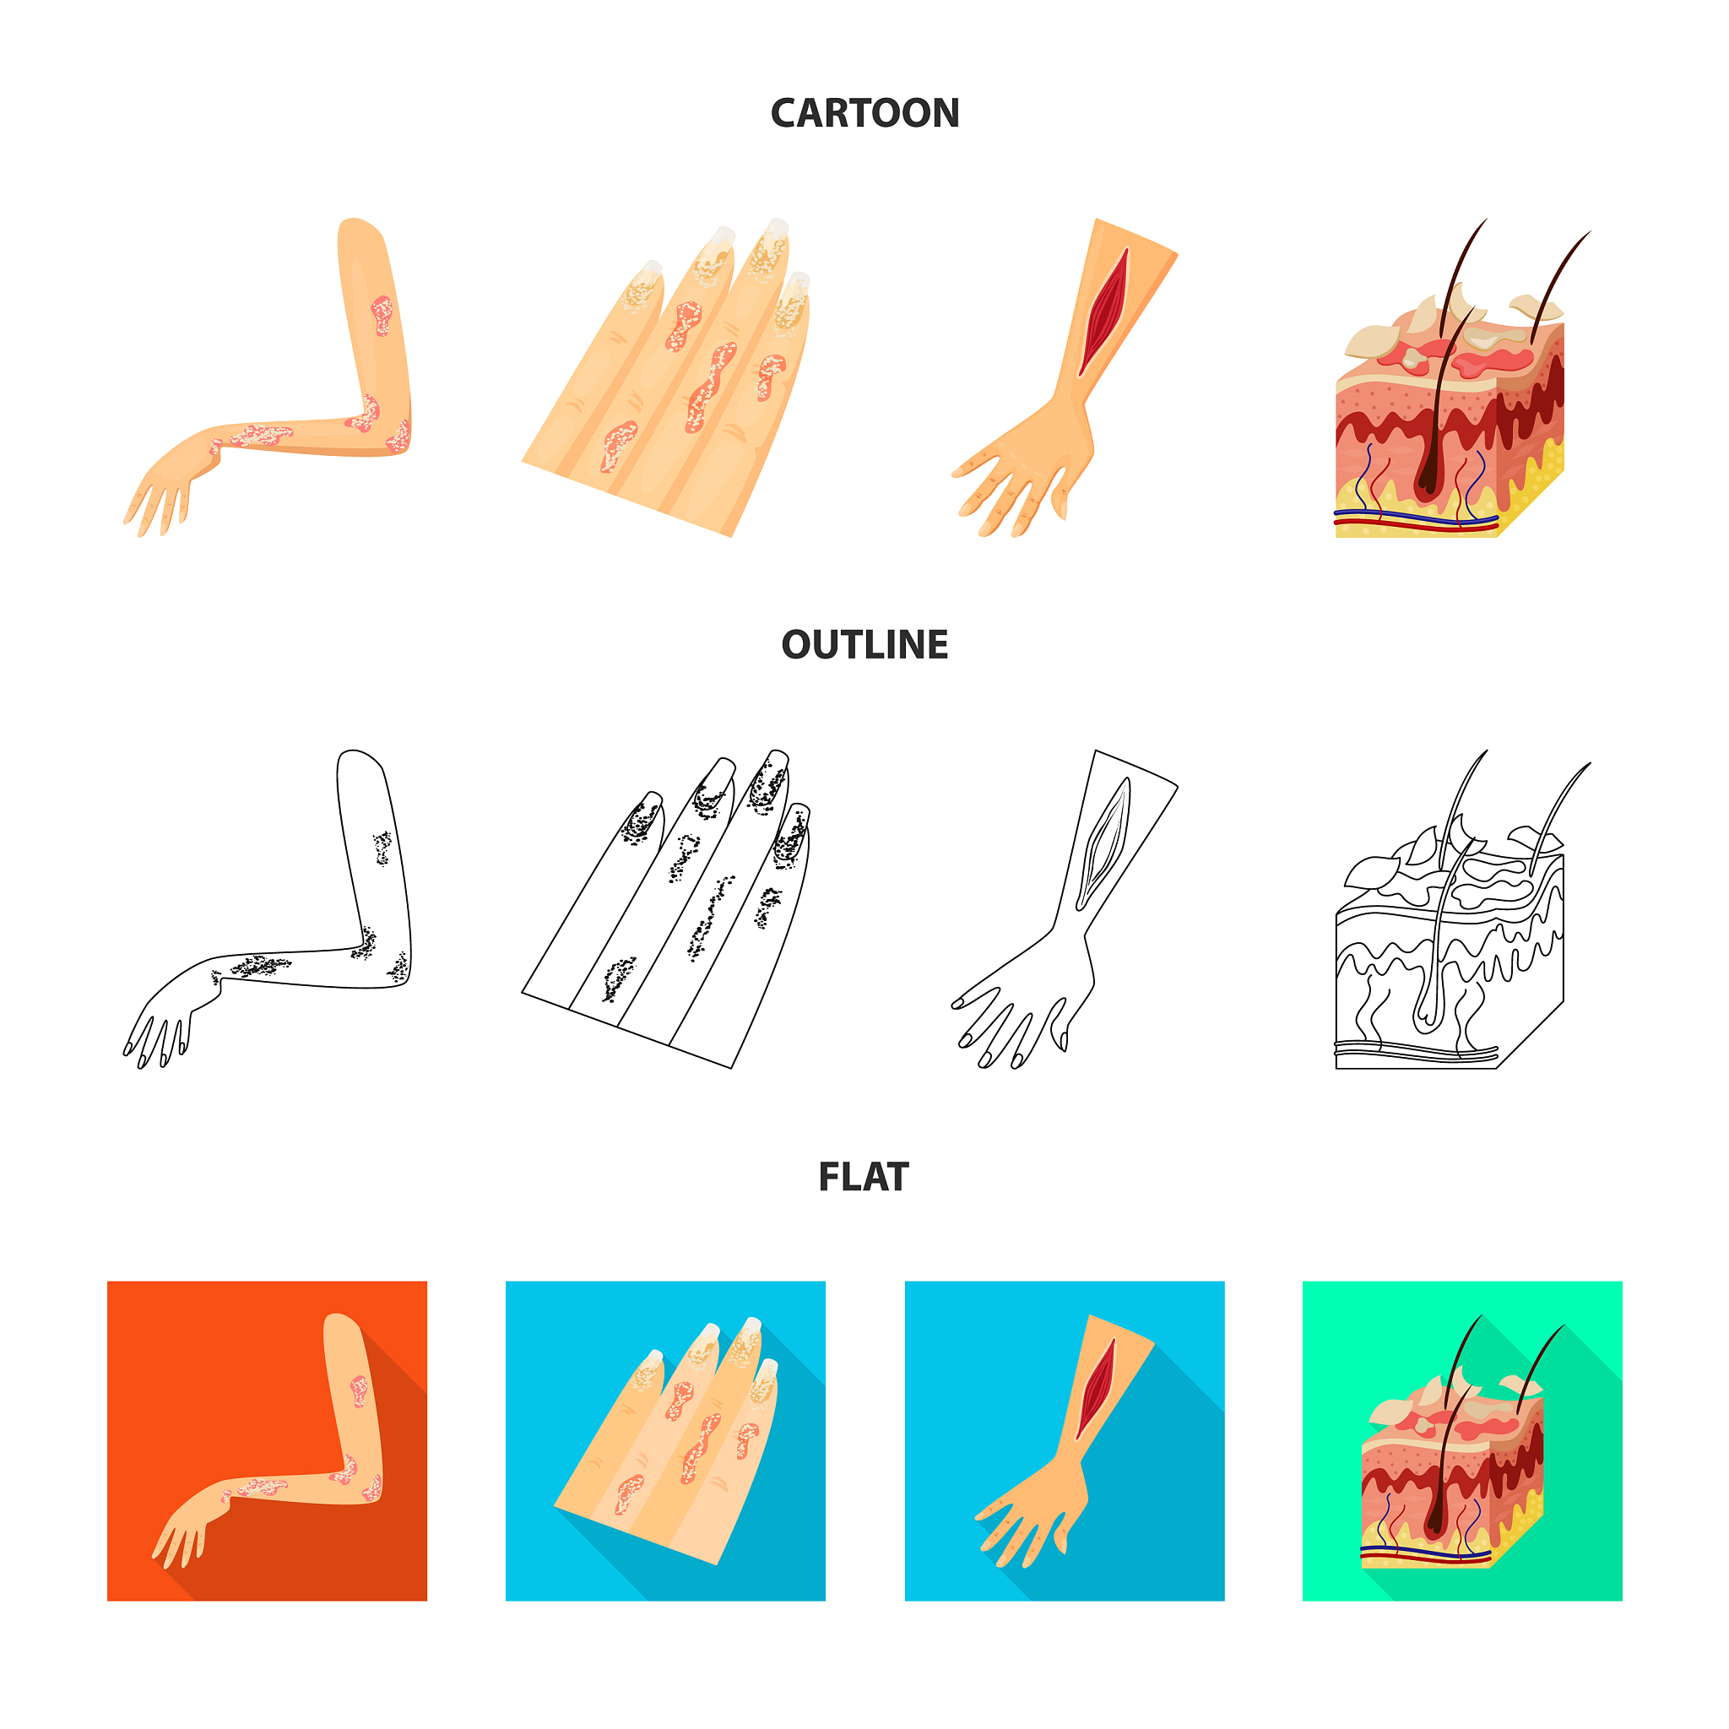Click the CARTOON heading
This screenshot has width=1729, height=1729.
tap(864, 114)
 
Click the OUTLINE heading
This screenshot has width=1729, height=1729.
tap(864, 645)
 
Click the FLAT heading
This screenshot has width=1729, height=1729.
tap(864, 1177)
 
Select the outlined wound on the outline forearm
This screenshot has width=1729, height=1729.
tap(1103, 844)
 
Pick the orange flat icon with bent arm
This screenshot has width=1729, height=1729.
tap(267, 1441)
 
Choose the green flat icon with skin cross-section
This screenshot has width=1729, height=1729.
tap(1462, 1441)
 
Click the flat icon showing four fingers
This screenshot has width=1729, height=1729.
tap(666, 1441)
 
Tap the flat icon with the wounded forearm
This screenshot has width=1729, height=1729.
tap(1064, 1441)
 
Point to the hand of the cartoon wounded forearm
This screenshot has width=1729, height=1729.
tap(1025, 470)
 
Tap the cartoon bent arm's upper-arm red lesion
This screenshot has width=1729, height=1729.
tap(382, 315)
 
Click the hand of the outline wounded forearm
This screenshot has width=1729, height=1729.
tap(1025, 1002)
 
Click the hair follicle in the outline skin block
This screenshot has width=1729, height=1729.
tap(1430, 984)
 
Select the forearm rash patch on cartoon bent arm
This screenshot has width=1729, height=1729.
tap(262, 436)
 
